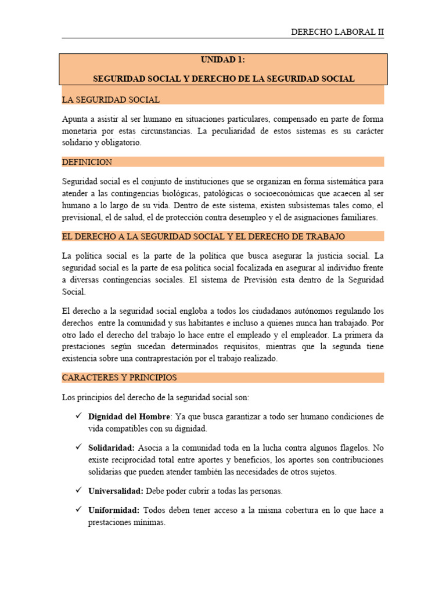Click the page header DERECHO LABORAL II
(337, 32)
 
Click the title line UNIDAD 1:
(224, 60)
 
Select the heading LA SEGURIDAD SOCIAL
(110, 100)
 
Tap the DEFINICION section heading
(87, 162)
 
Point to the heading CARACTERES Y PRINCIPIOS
(119, 378)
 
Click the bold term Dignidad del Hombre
(129, 417)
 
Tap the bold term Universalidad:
(116, 491)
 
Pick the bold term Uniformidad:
(114, 510)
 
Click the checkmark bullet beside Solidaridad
(79, 448)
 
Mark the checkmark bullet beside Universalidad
(79, 491)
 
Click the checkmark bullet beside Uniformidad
(79, 510)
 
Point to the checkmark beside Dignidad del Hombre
(79, 416)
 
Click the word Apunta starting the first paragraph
(75, 119)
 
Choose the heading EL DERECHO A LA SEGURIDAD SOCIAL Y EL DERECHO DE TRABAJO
(203, 236)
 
